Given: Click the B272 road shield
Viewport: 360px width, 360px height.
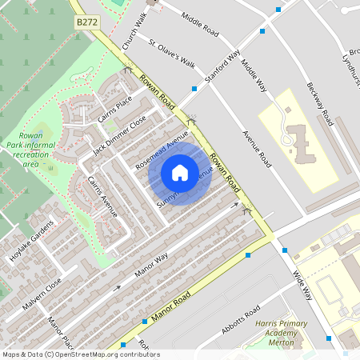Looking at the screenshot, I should pyautogui.click(x=87, y=24).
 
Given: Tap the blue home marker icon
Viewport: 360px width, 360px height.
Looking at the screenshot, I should pyautogui.click(x=180, y=172).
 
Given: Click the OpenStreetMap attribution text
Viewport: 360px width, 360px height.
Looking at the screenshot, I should pyautogui.click(x=80, y=354).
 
